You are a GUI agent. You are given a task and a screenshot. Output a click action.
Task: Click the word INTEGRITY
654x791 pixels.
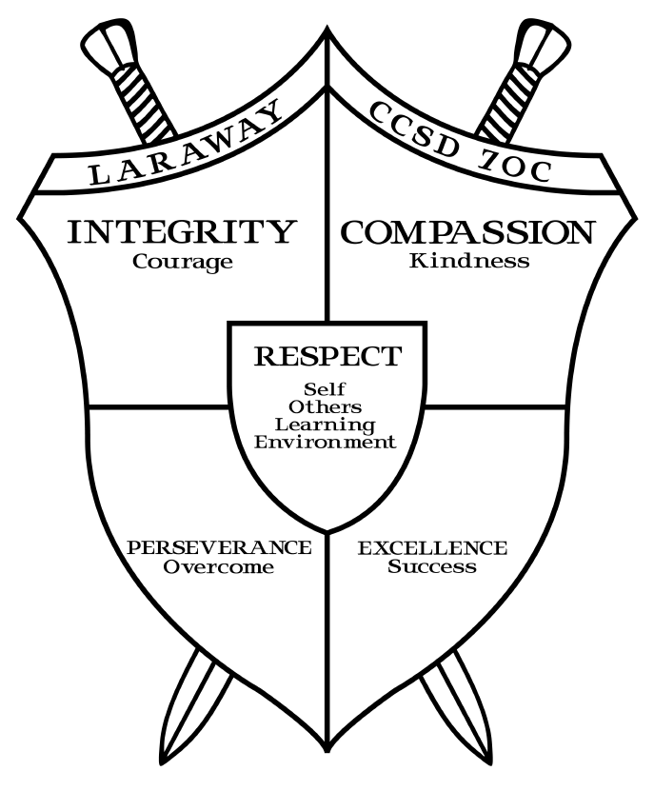pos(179,232)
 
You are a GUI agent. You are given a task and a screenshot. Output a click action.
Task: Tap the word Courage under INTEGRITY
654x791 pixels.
pos(183,262)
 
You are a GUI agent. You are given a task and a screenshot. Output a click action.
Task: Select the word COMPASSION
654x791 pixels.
pos(467,232)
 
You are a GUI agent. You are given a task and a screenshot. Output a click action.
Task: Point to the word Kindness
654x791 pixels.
pos(469,261)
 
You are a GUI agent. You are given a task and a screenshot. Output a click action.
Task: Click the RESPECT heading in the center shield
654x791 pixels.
pos(327,357)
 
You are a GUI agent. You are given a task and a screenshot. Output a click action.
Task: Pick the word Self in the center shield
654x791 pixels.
pos(326,389)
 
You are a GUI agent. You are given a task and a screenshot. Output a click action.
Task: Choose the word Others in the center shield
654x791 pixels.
pos(327,406)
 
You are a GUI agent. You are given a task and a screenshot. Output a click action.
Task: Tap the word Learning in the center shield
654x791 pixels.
pos(327,425)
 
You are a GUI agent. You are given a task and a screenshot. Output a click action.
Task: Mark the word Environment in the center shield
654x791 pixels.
pos(327,442)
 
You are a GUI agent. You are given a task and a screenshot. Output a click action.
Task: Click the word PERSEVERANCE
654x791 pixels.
pos(219,549)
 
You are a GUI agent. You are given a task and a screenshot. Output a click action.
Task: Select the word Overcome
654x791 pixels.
pos(219,567)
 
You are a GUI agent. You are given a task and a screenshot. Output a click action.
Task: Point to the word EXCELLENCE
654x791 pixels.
pos(432,549)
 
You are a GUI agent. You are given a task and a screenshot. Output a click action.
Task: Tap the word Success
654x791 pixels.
pos(432,567)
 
